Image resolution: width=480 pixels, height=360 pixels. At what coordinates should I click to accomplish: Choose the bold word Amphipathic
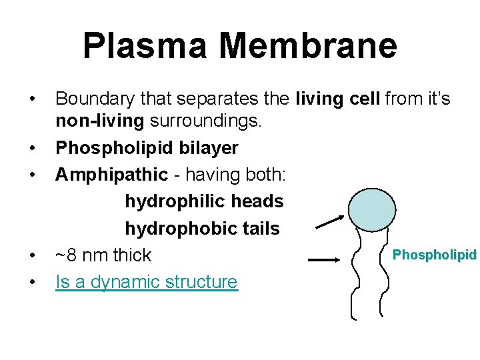[111, 174]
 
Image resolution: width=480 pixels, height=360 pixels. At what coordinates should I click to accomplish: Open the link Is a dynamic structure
[146, 281]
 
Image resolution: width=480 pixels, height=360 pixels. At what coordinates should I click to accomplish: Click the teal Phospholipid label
[435, 255]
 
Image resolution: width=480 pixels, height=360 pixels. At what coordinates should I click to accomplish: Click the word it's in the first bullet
[436, 99]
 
